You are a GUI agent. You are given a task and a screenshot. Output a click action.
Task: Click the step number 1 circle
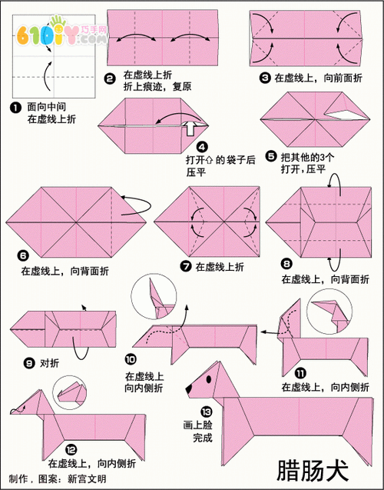[15, 108]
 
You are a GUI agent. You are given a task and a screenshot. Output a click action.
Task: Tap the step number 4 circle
[202, 147]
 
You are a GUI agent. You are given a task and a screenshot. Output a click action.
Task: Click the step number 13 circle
[205, 411]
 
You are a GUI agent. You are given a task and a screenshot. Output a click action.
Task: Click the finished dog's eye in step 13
[210, 380]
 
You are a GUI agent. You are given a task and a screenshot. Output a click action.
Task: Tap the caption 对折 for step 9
[50, 362]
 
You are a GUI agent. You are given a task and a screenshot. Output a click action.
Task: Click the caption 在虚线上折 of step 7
[220, 267]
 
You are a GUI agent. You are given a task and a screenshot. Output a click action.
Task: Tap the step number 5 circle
[271, 155]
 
